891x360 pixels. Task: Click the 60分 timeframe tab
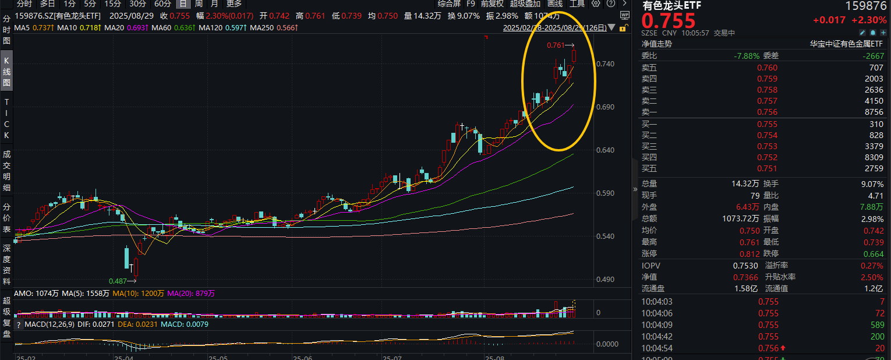click(162, 3)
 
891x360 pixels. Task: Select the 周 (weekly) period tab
click(199, 3)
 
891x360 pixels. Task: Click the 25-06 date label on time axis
click(302, 357)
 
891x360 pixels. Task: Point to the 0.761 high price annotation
click(556, 45)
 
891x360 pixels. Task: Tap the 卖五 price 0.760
click(767, 68)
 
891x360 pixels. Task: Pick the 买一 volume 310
click(876, 124)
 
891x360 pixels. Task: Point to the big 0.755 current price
click(669, 22)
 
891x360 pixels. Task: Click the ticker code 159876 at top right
click(866, 6)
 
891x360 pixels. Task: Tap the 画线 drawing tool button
click(554, 3)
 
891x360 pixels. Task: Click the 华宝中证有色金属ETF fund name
click(847, 44)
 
